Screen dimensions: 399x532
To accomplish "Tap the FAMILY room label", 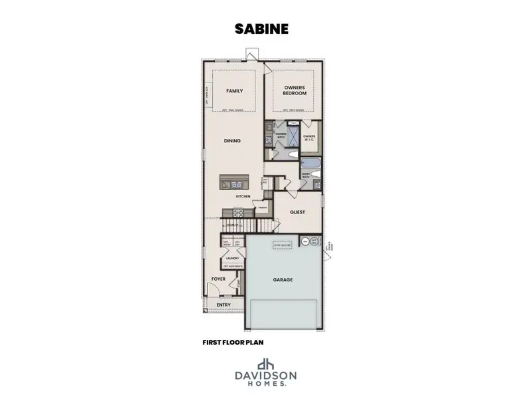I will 234,91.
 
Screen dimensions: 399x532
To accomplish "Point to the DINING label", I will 233,141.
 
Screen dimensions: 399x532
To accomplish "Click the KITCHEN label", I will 242,197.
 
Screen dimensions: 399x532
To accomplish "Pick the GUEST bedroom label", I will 297,212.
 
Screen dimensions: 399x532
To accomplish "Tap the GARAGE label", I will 283,280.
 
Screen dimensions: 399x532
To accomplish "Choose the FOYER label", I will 219,279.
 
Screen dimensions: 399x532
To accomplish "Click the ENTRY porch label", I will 223,305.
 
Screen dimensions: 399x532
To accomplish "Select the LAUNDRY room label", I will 233,258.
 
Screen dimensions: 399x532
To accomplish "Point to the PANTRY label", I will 263,207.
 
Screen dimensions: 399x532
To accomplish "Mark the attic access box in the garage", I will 282,245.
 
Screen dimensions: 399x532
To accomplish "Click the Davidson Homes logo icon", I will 266,364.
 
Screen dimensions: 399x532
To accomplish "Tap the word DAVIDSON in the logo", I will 266,377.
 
